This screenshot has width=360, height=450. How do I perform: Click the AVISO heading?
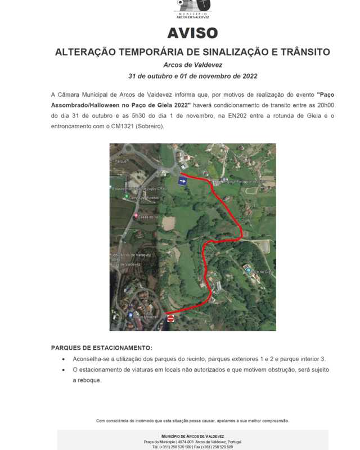(x=192, y=33)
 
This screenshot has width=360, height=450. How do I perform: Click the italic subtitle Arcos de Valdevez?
(x=192, y=65)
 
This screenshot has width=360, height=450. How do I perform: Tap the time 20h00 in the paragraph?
(x=322, y=105)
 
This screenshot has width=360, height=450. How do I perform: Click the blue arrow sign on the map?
(x=183, y=181)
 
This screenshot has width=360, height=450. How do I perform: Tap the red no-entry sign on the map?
(x=171, y=318)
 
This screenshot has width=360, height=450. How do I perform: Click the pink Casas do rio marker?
(x=135, y=217)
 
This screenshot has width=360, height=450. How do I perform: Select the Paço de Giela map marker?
(x=249, y=271)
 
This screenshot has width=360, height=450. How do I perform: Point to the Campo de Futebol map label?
(x=144, y=198)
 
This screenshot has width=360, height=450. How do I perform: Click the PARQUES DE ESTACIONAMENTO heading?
(x=101, y=348)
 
